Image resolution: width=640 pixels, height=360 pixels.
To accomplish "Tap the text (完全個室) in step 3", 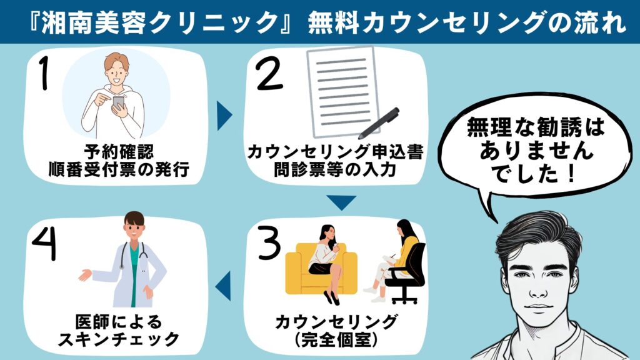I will (337, 341).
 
